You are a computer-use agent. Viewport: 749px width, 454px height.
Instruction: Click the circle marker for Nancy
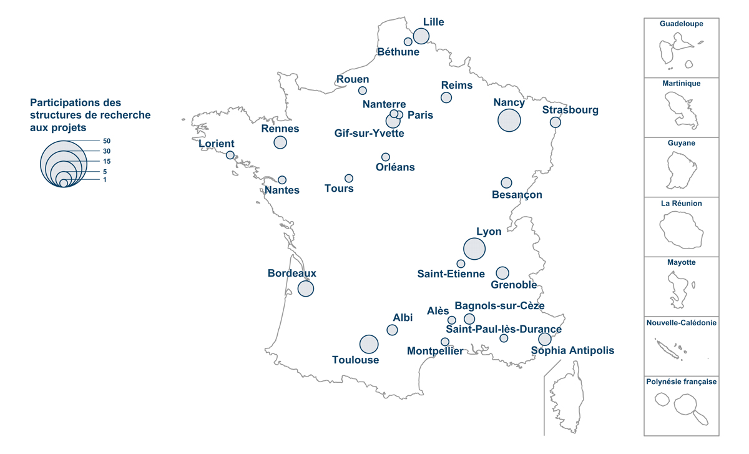click(509, 120)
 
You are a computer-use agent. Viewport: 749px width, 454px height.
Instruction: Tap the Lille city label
click(433, 22)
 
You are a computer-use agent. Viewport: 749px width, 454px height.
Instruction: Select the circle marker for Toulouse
click(369, 344)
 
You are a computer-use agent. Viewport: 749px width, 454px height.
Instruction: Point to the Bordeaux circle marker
click(306, 289)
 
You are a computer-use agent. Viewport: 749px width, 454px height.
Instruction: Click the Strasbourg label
click(570, 111)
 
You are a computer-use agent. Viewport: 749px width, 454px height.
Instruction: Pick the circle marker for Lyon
click(474, 249)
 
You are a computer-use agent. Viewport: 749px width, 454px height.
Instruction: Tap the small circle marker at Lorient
click(230, 155)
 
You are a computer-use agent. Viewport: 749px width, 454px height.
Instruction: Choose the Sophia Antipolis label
click(572, 351)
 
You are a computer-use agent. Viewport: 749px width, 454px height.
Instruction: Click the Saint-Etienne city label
click(451, 274)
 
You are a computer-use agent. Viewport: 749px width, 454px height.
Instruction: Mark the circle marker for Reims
click(446, 97)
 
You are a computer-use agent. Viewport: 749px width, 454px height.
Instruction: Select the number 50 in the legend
click(107, 141)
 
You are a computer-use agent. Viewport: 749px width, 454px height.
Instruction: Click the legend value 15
click(107, 162)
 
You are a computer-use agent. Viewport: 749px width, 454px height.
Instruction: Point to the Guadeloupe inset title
click(682, 24)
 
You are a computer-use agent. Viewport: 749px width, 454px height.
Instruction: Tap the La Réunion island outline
click(682, 229)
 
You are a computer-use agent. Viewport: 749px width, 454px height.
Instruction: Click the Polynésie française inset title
click(682, 382)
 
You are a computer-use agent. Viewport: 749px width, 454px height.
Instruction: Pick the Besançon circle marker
click(506, 183)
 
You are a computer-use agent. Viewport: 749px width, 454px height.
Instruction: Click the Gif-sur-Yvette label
click(370, 134)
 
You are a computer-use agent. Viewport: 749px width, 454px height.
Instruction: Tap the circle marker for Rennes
click(280, 142)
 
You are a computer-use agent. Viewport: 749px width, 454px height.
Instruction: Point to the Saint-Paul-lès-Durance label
click(504, 329)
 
